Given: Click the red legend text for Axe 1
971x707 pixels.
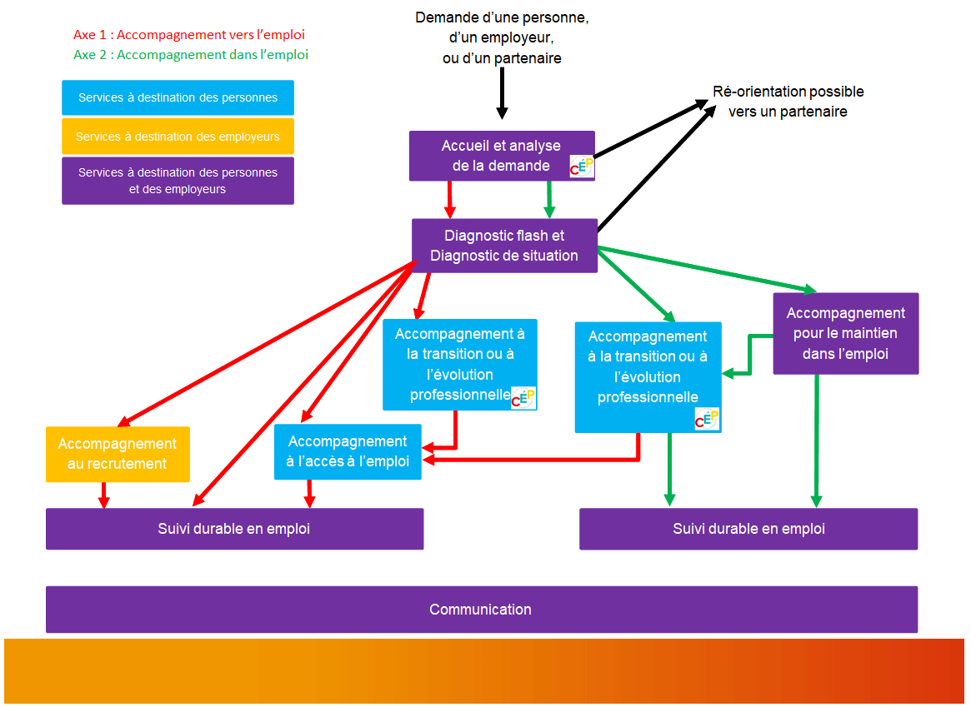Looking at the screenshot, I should tap(189, 35).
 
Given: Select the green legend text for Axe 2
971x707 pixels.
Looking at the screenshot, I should tap(191, 55).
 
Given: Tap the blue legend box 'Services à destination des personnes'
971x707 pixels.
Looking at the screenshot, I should tap(178, 97).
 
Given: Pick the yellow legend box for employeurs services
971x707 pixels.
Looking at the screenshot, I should tap(178, 137).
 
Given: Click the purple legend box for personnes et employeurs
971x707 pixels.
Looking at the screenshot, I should tap(178, 181).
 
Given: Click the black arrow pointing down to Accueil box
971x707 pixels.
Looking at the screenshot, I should tap(502, 92).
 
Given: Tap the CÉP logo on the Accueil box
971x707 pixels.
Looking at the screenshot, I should tap(582, 167).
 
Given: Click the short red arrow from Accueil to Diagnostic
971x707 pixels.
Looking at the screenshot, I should tap(449, 200).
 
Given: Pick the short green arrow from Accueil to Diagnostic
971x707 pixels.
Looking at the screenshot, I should tap(548, 200).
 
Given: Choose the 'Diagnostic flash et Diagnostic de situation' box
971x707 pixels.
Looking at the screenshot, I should tap(504, 246).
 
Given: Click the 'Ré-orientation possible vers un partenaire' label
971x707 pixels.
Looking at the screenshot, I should tap(788, 102).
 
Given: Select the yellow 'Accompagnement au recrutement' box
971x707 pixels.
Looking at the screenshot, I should tap(118, 454).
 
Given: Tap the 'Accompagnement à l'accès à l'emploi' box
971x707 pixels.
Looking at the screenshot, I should tap(348, 451).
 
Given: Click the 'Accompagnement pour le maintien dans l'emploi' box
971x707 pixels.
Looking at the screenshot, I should tap(845, 333).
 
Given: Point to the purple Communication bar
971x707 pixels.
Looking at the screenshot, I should tap(481, 610).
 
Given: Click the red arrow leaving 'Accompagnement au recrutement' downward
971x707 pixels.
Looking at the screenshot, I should tap(103, 495).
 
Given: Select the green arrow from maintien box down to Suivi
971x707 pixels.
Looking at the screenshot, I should tap(816, 441).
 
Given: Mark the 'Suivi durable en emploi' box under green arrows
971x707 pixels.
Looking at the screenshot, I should tap(748, 529).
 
